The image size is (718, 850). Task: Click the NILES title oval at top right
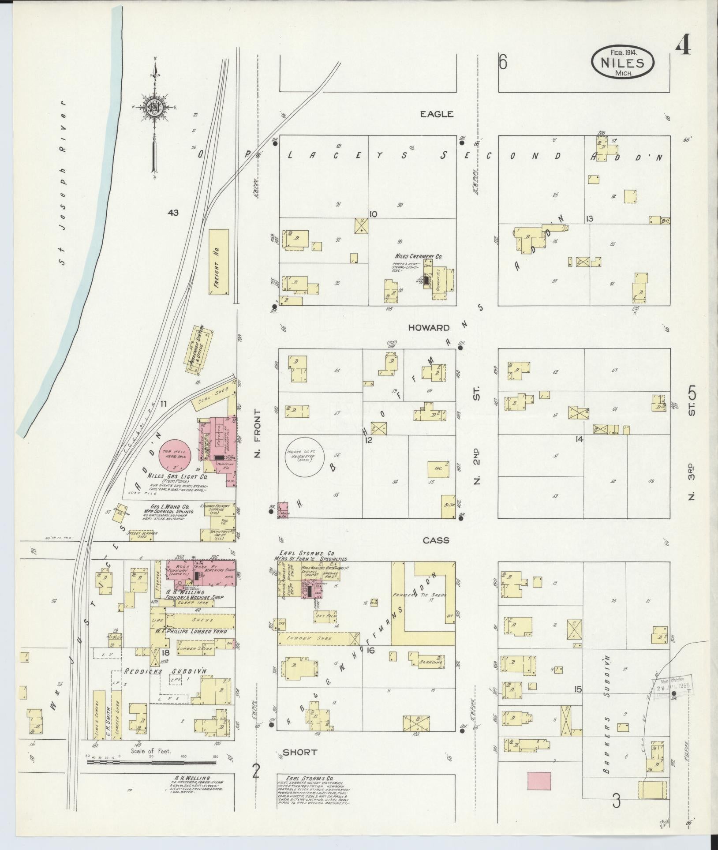(x=622, y=63)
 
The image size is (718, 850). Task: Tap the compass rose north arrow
(x=155, y=106)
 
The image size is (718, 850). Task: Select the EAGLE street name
(x=436, y=114)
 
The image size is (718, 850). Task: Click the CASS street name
(x=436, y=540)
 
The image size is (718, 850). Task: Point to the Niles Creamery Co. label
(x=418, y=256)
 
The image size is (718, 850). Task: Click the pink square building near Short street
(x=539, y=781)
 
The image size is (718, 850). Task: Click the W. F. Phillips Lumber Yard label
(x=190, y=632)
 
